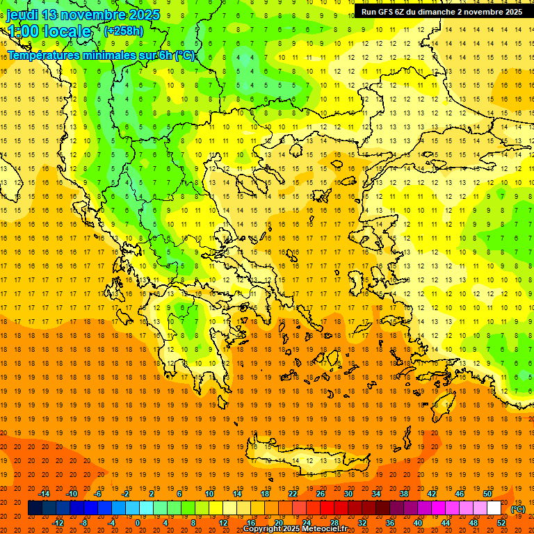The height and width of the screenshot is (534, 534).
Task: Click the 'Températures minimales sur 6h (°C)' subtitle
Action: click(x=102, y=55)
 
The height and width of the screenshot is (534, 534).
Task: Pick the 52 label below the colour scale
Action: click(x=501, y=522)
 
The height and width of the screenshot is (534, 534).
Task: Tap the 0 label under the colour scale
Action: click(x=138, y=522)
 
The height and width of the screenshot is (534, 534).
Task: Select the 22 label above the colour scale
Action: click(x=293, y=494)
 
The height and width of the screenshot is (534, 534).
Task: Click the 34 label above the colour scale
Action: click(x=376, y=494)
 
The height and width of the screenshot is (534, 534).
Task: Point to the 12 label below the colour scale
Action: click(x=223, y=522)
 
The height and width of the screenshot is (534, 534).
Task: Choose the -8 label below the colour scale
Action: click(x=84, y=522)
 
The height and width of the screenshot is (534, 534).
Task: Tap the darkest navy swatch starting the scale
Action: click(x=35, y=508)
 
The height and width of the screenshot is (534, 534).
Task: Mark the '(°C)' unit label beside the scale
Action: click(x=517, y=509)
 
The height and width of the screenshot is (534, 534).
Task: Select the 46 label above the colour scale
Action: click(x=460, y=494)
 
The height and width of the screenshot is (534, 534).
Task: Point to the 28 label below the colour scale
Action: click(x=334, y=522)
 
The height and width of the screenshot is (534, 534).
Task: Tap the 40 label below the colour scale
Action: click(x=418, y=522)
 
